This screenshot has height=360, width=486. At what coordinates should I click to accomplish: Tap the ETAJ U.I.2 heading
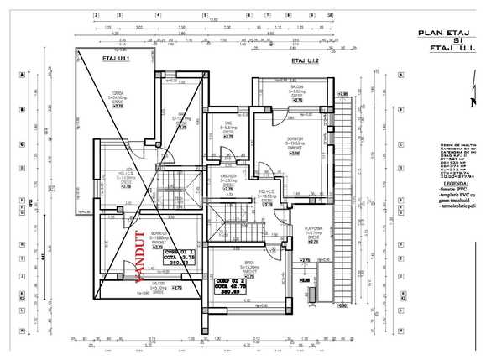pyautogui.click(x=305, y=61)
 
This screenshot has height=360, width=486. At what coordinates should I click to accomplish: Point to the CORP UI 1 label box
pyautogui.click(x=177, y=257)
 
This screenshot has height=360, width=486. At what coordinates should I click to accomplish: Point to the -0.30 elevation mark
pyautogui.click(x=342, y=305)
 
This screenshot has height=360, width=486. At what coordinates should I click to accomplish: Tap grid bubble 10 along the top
pyautogui.click(x=331, y=15)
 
